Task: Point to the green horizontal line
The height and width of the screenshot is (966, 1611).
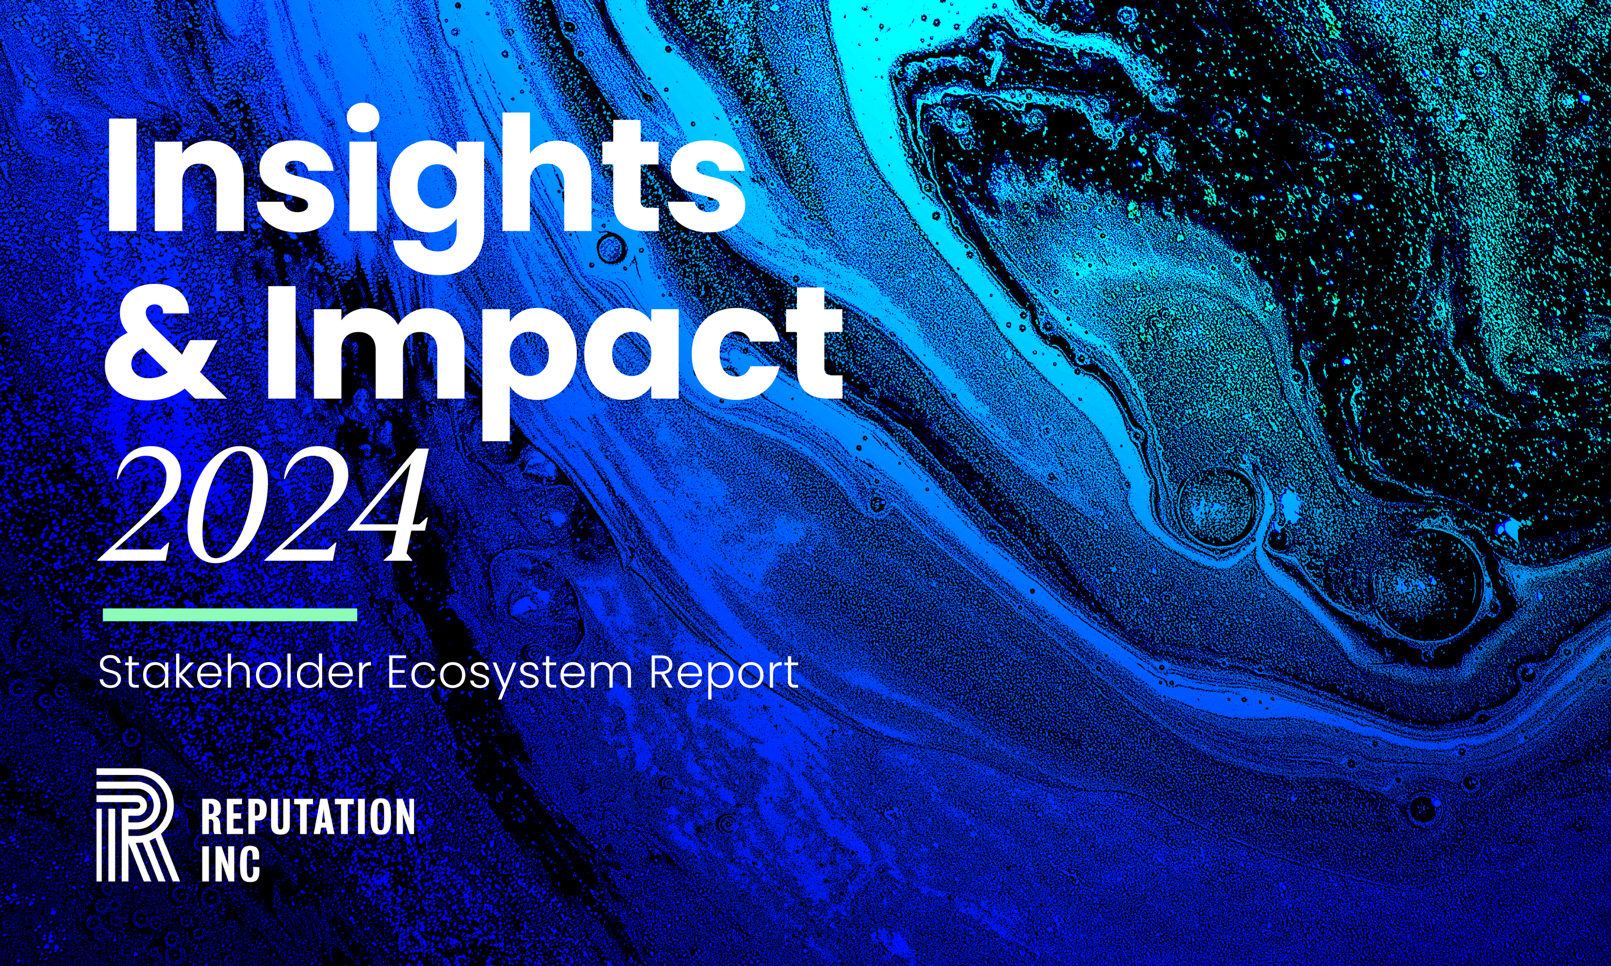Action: tap(230, 614)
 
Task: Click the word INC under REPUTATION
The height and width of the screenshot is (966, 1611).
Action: tap(230, 863)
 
